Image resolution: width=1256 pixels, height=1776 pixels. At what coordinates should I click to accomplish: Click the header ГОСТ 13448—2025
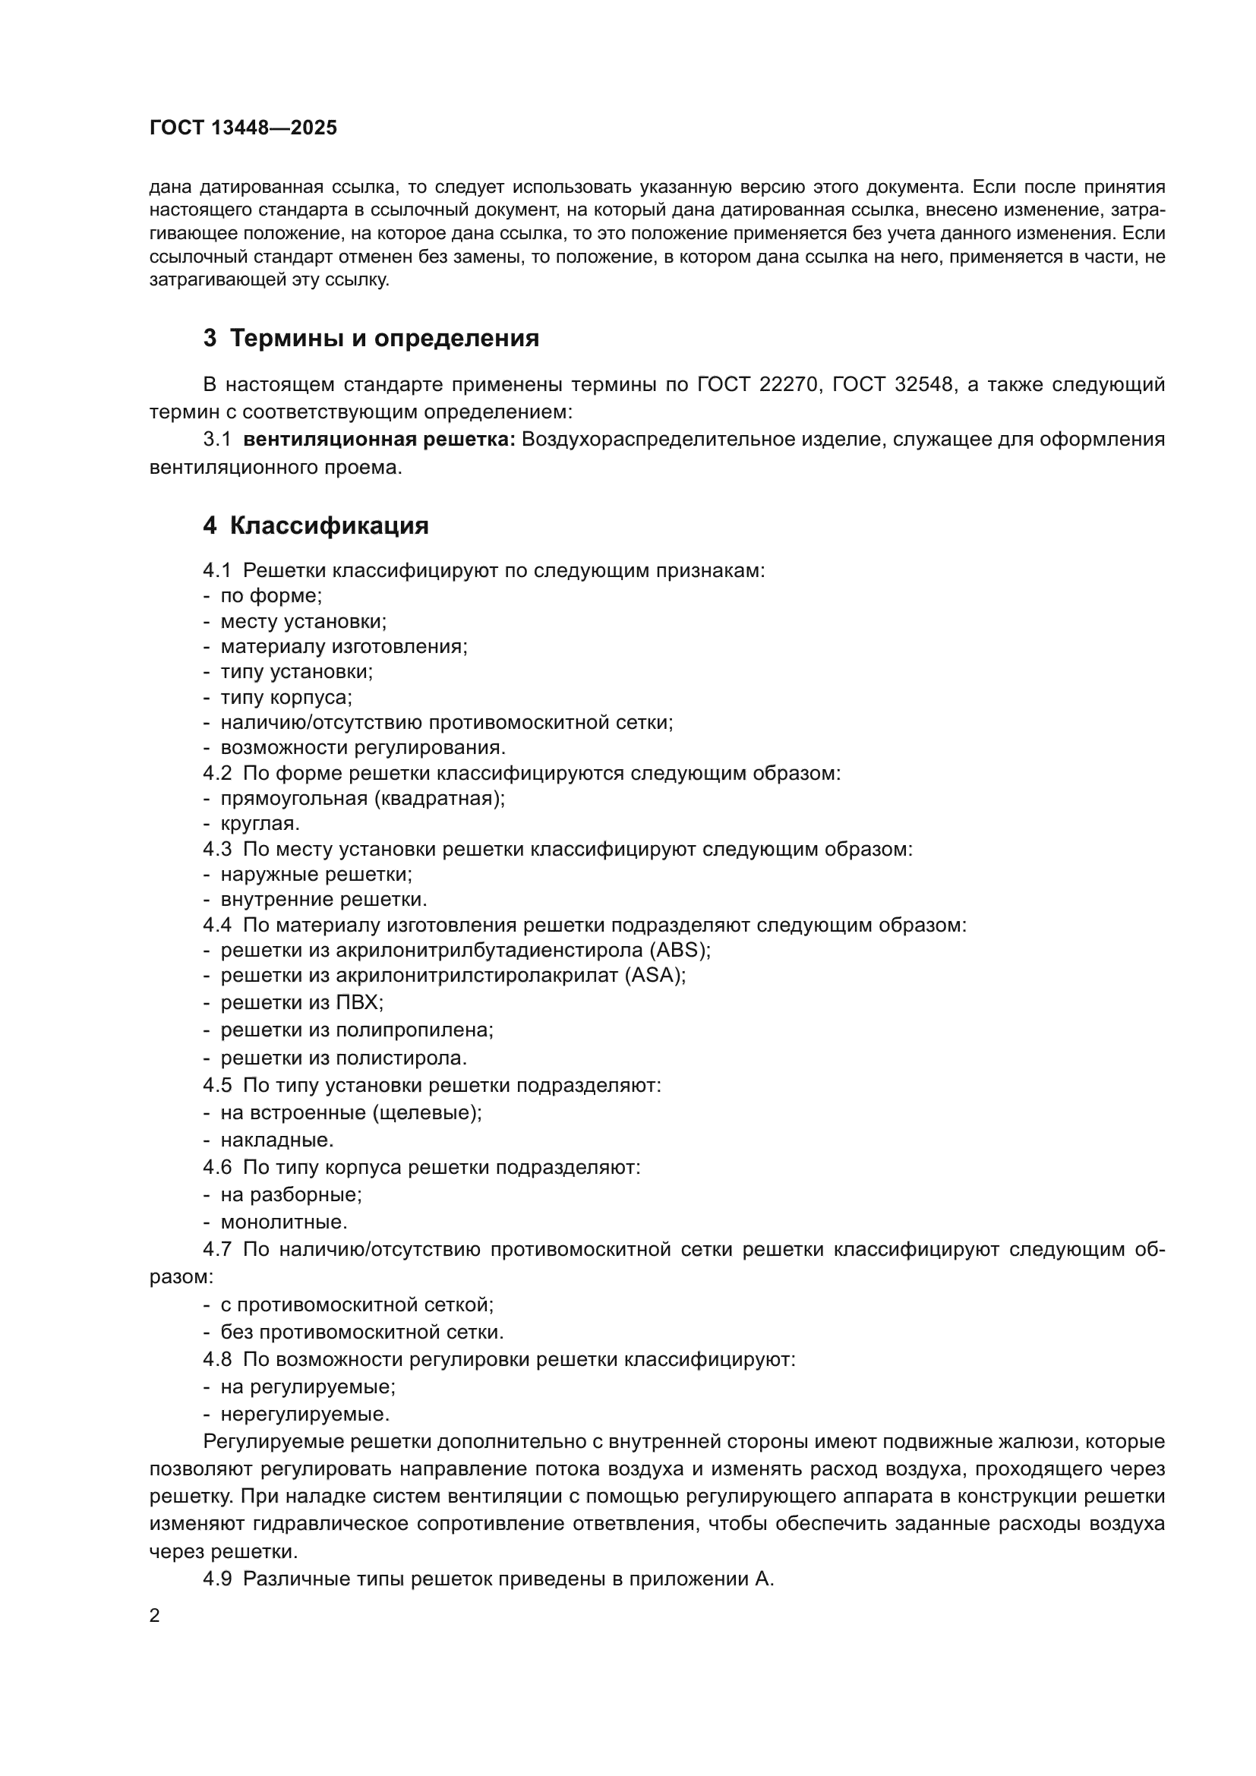click(243, 128)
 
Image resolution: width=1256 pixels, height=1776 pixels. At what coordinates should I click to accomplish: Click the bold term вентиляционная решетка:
click(379, 440)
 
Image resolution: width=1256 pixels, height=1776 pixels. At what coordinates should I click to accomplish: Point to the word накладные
click(277, 1140)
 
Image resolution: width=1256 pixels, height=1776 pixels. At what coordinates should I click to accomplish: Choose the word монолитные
click(284, 1222)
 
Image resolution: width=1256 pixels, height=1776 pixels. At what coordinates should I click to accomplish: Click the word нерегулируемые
click(305, 1414)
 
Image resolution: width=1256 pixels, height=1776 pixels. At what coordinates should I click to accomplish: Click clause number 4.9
click(217, 1579)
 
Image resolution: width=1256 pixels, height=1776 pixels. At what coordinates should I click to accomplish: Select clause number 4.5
click(217, 1085)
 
